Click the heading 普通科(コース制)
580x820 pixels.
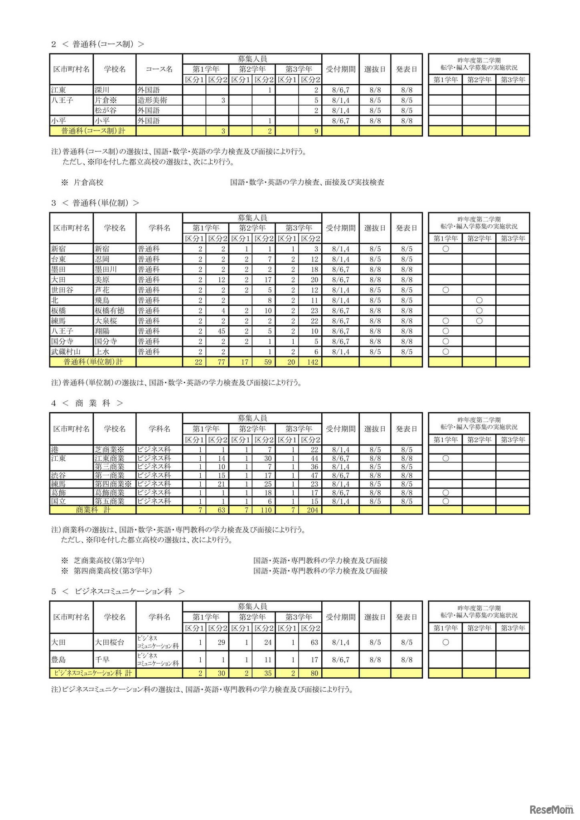pos(103,44)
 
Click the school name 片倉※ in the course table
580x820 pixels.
pos(106,100)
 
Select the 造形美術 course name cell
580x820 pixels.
pos(152,100)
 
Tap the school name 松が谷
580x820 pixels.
pos(106,111)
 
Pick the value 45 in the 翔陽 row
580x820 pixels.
pos(221,331)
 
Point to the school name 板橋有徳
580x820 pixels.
pos(110,311)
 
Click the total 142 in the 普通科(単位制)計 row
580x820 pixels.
pos(312,362)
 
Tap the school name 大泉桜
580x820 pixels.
pos(106,321)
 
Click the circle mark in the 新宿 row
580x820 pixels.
pos(445,249)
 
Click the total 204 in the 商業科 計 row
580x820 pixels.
pos(312,510)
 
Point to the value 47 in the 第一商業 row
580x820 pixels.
pos(314,476)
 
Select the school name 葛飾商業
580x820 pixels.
pos(110,493)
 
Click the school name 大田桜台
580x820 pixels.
pos(110,642)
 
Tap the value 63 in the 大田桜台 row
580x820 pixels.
pos(314,642)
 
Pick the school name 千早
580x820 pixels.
pos(102,660)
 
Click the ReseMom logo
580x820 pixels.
pos(551,809)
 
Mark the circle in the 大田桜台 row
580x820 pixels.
pos(445,642)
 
